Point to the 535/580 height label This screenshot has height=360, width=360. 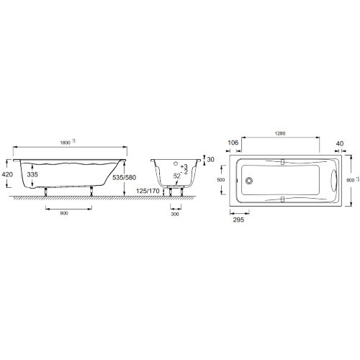[114, 176]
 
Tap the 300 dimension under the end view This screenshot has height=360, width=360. [175, 214]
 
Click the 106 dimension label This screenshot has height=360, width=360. [233, 143]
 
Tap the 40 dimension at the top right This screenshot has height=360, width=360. [338, 143]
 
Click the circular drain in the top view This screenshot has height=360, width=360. [248, 181]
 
